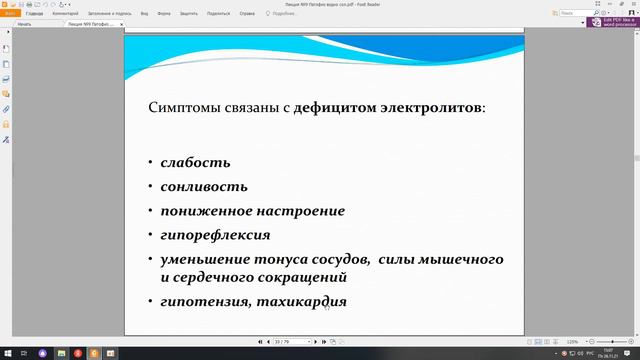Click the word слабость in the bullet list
tap(195, 161)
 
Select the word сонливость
tap(204, 186)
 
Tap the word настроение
tap(298, 211)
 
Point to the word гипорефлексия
tap(214, 235)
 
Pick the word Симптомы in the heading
tap(186, 106)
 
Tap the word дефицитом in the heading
tap(333, 106)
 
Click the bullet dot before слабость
tap(149, 162)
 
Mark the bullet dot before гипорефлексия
tap(149, 236)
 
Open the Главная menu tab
tap(35, 14)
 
